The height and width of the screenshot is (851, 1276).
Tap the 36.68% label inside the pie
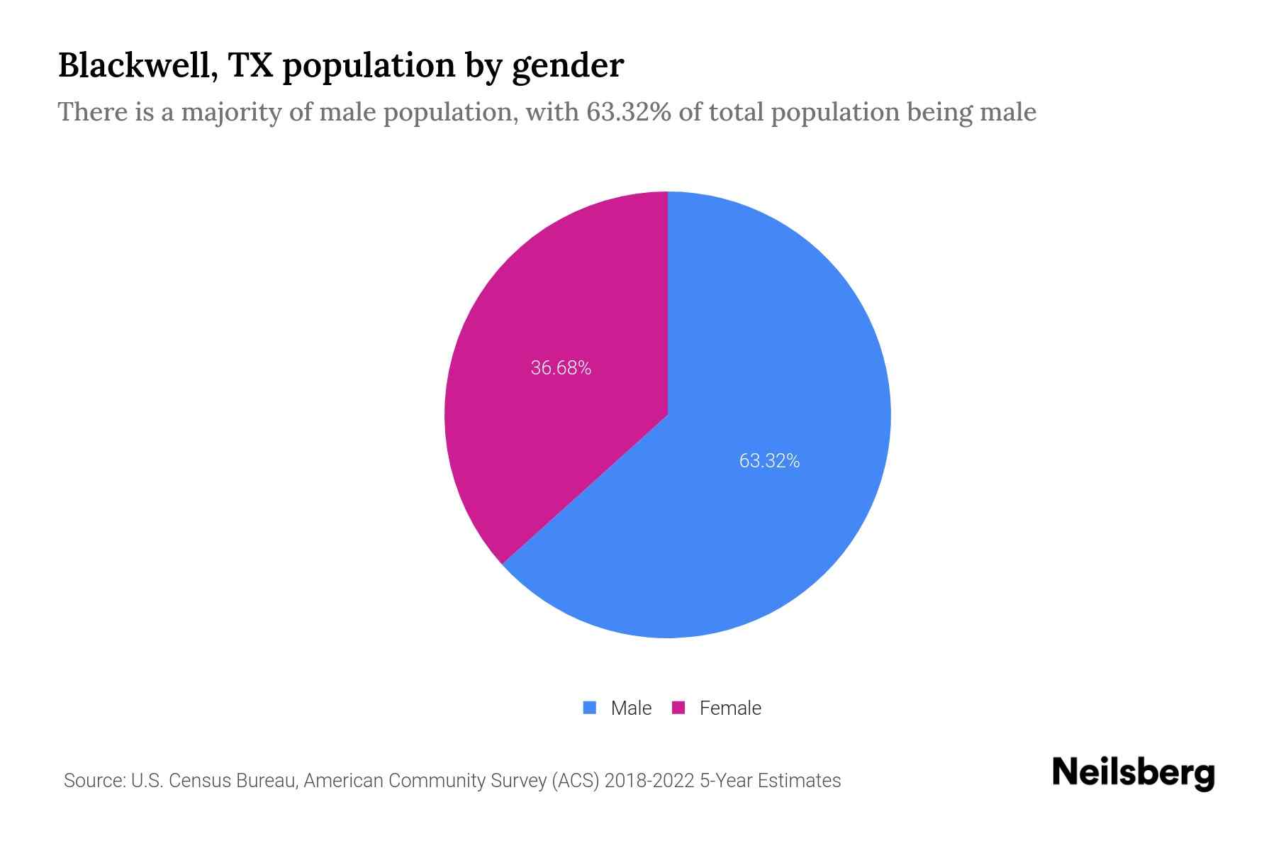561,368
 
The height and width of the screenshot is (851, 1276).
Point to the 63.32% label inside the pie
769,461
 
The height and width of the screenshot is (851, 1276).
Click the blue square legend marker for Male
590,708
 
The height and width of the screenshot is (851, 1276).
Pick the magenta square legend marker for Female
678,708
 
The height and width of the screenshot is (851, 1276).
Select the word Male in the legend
631,708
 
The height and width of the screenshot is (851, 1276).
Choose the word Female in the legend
730,708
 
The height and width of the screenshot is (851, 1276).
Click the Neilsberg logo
1133,773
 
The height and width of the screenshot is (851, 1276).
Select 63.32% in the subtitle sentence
628,112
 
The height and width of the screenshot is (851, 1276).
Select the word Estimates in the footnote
799,781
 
